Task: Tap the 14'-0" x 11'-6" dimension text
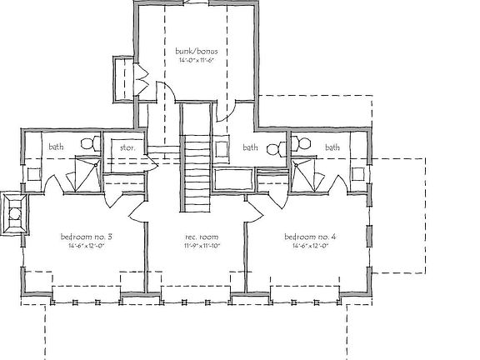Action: tap(197, 60)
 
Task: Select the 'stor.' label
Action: tap(127, 148)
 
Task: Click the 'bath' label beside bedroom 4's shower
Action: tap(332, 147)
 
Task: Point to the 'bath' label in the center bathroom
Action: tap(249, 147)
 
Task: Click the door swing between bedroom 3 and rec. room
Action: tap(136, 207)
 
